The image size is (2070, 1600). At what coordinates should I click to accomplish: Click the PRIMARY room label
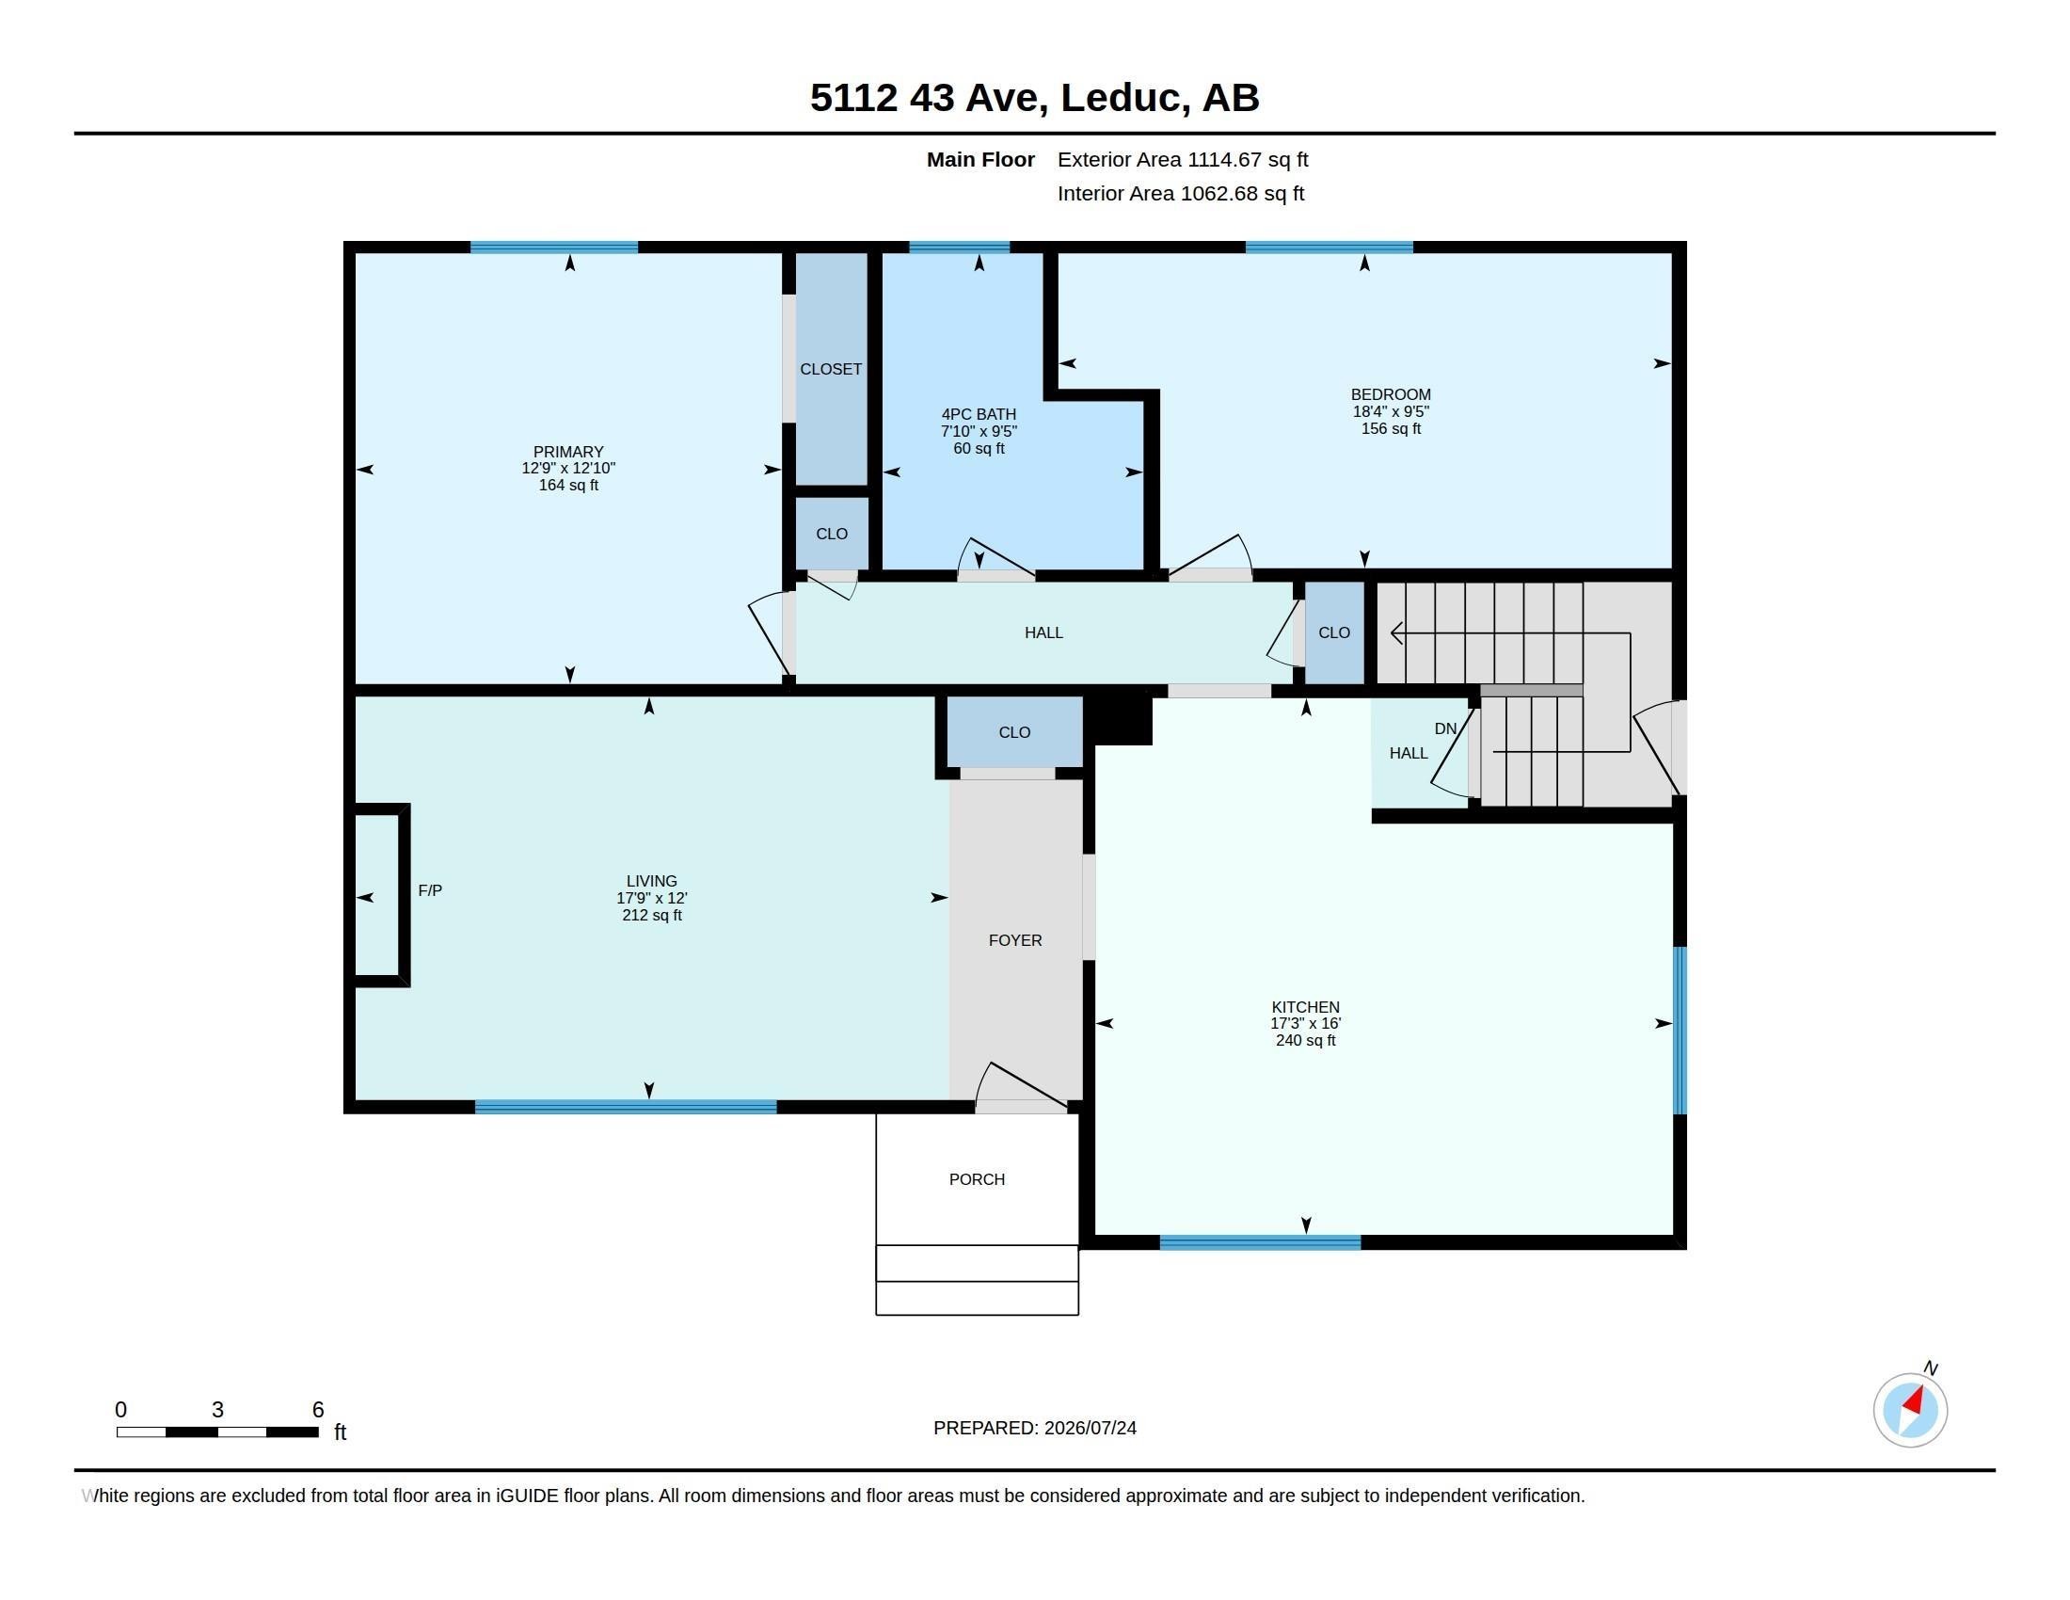[567, 452]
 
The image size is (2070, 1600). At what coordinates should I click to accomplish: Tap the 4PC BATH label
[979, 414]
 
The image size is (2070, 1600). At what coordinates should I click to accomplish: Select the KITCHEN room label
[1305, 1007]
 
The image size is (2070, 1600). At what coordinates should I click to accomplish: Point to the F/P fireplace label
[430, 890]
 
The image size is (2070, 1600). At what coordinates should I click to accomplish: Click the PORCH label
[977, 1179]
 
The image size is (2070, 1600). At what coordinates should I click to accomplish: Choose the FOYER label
[1015, 940]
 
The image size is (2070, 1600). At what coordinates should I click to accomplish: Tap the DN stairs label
[1445, 728]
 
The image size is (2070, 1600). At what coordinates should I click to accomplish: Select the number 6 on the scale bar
[318, 1410]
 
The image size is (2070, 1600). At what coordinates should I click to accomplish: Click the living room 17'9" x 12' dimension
[652, 898]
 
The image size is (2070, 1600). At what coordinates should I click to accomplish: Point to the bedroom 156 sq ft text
[1391, 428]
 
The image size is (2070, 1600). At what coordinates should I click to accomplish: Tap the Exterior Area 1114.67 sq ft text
[1183, 159]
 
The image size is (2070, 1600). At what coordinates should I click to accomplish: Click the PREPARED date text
[1035, 1428]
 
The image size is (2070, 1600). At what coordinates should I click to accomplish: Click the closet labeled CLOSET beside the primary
[831, 369]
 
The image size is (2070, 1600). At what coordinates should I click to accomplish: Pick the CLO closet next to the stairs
[1334, 632]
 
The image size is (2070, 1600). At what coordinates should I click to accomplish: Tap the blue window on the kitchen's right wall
[1680, 1031]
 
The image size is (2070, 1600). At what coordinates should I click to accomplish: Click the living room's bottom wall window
[626, 1106]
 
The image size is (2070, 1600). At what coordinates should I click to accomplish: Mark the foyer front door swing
[1022, 1085]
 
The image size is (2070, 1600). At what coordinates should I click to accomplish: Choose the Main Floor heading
[980, 159]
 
